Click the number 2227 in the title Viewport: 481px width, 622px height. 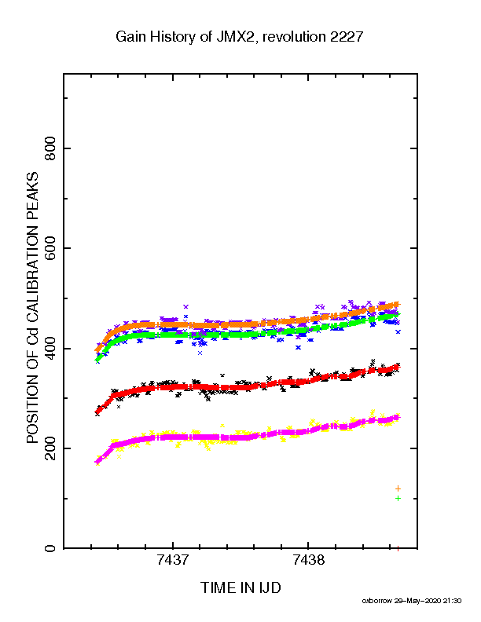343,37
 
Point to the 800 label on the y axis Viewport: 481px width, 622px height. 50,148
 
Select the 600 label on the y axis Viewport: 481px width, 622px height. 50,248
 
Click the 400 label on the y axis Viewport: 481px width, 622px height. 50,348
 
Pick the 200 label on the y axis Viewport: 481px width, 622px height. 50,448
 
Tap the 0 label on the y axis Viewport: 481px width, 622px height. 50,548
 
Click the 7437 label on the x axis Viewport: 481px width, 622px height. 173,560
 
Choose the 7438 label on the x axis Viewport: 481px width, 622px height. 308,560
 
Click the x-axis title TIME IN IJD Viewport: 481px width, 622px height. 240,587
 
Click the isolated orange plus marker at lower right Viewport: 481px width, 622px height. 398,488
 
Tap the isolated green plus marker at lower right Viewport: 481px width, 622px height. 398,498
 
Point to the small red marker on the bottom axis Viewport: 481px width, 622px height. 398,548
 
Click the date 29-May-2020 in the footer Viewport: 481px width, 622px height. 418,601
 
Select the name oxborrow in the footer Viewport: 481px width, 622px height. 377,601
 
